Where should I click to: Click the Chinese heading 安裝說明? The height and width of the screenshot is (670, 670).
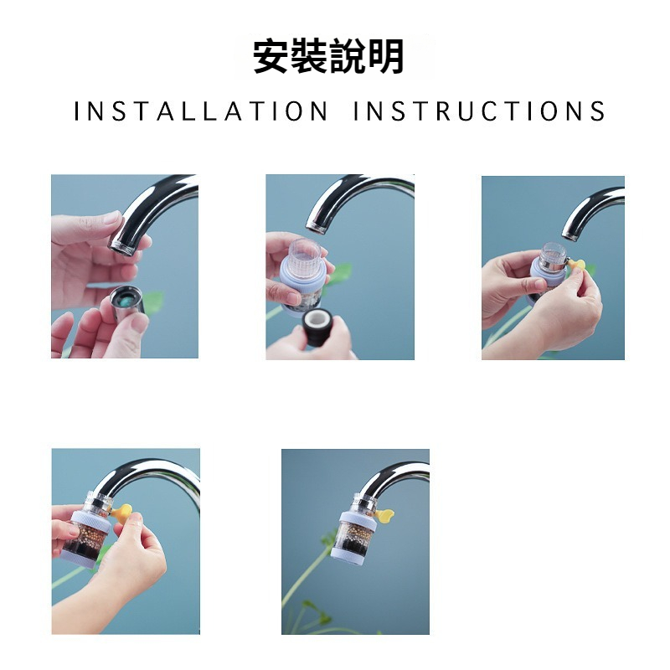pos(328,56)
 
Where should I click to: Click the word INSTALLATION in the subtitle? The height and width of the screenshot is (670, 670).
pos(201,111)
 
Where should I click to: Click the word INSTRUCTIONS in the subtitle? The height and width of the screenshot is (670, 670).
pos(479,111)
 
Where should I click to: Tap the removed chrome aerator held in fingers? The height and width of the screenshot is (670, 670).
pos(127,302)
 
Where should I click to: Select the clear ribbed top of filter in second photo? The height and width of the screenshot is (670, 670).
pos(305,256)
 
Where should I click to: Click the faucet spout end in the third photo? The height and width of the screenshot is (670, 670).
pos(571,233)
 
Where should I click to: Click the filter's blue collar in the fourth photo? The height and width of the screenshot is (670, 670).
pos(90,518)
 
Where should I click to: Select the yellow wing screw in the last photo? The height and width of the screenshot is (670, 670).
pos(384,515)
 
